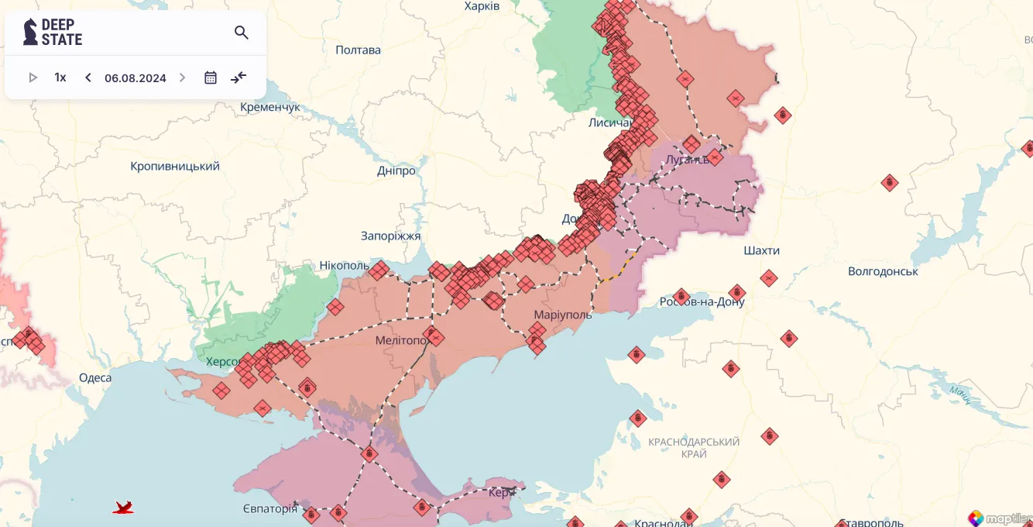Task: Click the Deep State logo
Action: [53, 32]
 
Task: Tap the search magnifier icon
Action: [242, 33]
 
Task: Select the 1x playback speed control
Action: [60, 77]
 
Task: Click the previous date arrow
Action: [88, 77]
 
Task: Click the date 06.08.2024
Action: [136, 77]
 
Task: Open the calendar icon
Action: [211, 77]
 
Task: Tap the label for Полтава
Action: [358, 50]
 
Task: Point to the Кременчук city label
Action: [269, 107]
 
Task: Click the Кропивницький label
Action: [175, 166]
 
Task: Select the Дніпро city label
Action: [396, 170]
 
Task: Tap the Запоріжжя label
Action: [390, 236]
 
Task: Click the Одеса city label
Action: [95, 378]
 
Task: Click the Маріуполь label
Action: [563, 315]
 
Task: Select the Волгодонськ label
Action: [883, 271]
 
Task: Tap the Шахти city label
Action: [761, 250]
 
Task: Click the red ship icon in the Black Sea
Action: [123, 508]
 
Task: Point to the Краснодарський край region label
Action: [694, 447]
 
